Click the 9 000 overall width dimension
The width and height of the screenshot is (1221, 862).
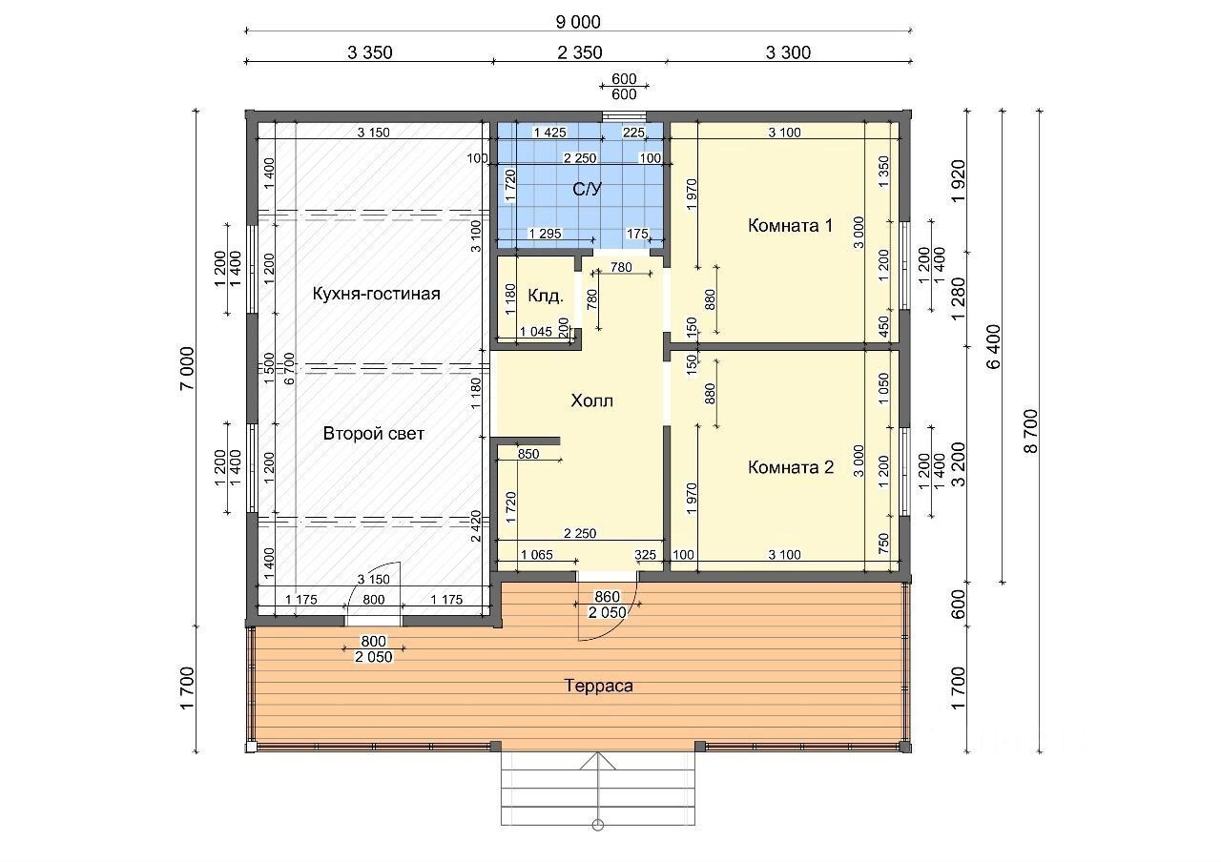pyautogui.click(x=578, y=22)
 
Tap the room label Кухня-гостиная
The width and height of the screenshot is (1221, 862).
pyautogui.click(x=376, y=294)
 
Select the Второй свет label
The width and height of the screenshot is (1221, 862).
pyautogui.click(x=373, y=434)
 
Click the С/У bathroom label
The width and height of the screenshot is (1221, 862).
pyautogui.click(x=587, y=189)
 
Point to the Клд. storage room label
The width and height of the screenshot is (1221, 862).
pyautogui.click(x=545, y=297)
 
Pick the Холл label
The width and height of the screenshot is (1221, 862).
pyautogui.click(x=591, y=401)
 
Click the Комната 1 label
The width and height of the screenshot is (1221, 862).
pyautogui.click(x=790, y=226)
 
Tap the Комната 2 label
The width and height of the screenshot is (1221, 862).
pyautogui.click(x=791, y=467)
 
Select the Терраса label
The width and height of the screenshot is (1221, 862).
pyautogui.click(x=598, y=686)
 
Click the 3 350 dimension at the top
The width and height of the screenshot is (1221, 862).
pyautogui.click(x=369, y=52)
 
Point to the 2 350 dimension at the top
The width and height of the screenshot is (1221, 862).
pyautogui.click(x=580, y=52)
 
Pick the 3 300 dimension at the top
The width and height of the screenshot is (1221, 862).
pyautogui.click(x=788, y=52)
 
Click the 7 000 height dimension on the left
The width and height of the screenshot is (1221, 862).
pyautogui.click(x=186, y=368)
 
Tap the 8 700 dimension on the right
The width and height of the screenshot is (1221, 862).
pyautogui.click(x=1031, y=431)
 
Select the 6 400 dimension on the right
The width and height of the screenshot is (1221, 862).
pyautogui.click(x=994, y=346)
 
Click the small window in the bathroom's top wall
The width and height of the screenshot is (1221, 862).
pyautogui.click(x=624, y=116)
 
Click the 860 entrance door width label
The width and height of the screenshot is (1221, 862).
pyautogui.click(x=608, y=598)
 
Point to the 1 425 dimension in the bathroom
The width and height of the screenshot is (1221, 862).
pyautogui.click(x=550, y=133)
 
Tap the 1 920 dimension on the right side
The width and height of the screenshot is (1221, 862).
pyautogui.click(x=958, y=181)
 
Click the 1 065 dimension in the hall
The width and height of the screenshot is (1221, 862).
pyautogui.click(x=537, y=555)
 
